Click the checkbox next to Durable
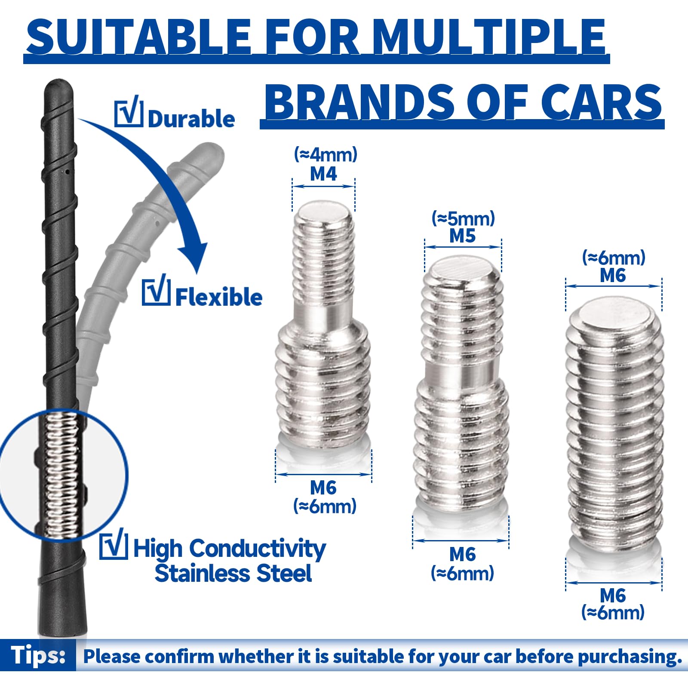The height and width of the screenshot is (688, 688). click(x=129, y=111)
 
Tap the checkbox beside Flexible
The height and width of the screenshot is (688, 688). click(x=156, y=290)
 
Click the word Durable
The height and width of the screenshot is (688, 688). click(x=191, y=119)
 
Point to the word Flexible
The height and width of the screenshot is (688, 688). click(x=218, y=297)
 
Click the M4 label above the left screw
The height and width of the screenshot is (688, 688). click(x=323, y=174)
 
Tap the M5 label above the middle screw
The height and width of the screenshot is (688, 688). click(x=463, y=236)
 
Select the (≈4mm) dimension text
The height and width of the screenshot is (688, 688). click(x=326, y=154)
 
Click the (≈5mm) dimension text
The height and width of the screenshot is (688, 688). click(x=463, y=218)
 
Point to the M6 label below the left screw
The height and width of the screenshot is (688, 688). click(x=323, y=488)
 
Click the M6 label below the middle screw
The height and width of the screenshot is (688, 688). click(x=463, y=555)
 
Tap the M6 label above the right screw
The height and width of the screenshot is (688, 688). click(x=613, y=275)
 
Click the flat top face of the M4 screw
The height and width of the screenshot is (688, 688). click(x=323, y=212)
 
